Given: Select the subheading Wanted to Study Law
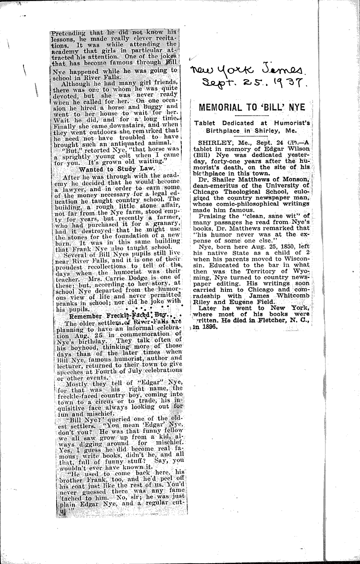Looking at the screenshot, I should pos(117,168).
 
